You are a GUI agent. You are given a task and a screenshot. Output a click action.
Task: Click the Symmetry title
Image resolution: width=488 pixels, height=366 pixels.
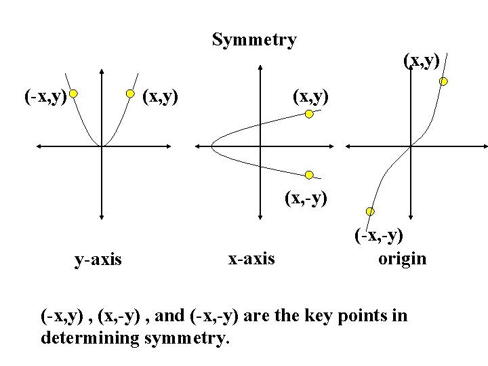[x=254, y=40]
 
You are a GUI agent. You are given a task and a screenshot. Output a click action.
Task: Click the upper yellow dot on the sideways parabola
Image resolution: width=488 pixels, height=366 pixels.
[x=309, y=114]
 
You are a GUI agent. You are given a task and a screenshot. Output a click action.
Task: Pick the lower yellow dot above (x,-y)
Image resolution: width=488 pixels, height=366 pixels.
[x=309, y=175]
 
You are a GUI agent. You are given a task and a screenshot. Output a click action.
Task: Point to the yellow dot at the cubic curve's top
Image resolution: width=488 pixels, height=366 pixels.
[x=443, y=81]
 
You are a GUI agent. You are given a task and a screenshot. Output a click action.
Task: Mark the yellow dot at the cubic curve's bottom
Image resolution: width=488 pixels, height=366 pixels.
[x=370, y=211]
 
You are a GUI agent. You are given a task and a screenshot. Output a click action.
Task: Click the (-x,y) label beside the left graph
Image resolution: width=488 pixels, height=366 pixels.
[x=45, y=97]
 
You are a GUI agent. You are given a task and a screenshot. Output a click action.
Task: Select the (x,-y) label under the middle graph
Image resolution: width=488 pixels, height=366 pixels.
[x=306, y=198]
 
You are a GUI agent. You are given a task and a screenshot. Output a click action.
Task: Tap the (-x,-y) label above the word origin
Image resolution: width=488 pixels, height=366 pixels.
[x=378, y=235]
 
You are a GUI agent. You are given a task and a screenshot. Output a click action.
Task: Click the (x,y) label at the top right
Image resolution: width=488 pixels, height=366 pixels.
[x=422, y=60]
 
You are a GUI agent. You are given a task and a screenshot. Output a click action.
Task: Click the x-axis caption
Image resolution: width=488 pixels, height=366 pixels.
[x=251, y=258]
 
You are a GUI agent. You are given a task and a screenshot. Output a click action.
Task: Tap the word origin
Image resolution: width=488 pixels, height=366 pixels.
[x=403, y=258]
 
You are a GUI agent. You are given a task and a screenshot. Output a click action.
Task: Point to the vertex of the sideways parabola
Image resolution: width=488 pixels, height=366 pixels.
[x=212, y=145]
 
